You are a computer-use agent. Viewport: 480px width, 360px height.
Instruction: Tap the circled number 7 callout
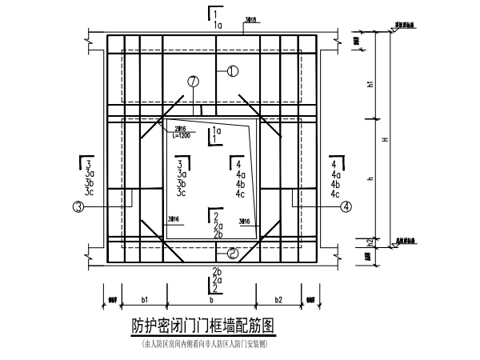click(x=193, y=82)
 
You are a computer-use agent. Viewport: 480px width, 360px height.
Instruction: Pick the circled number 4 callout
click(x=346, y=206)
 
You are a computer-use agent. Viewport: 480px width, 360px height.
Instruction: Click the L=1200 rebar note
click(x=182, y=137)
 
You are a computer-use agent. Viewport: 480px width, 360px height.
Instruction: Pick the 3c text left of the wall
click(x=88, y=194)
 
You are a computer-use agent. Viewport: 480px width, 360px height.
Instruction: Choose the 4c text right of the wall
click(x=335, y=194)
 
